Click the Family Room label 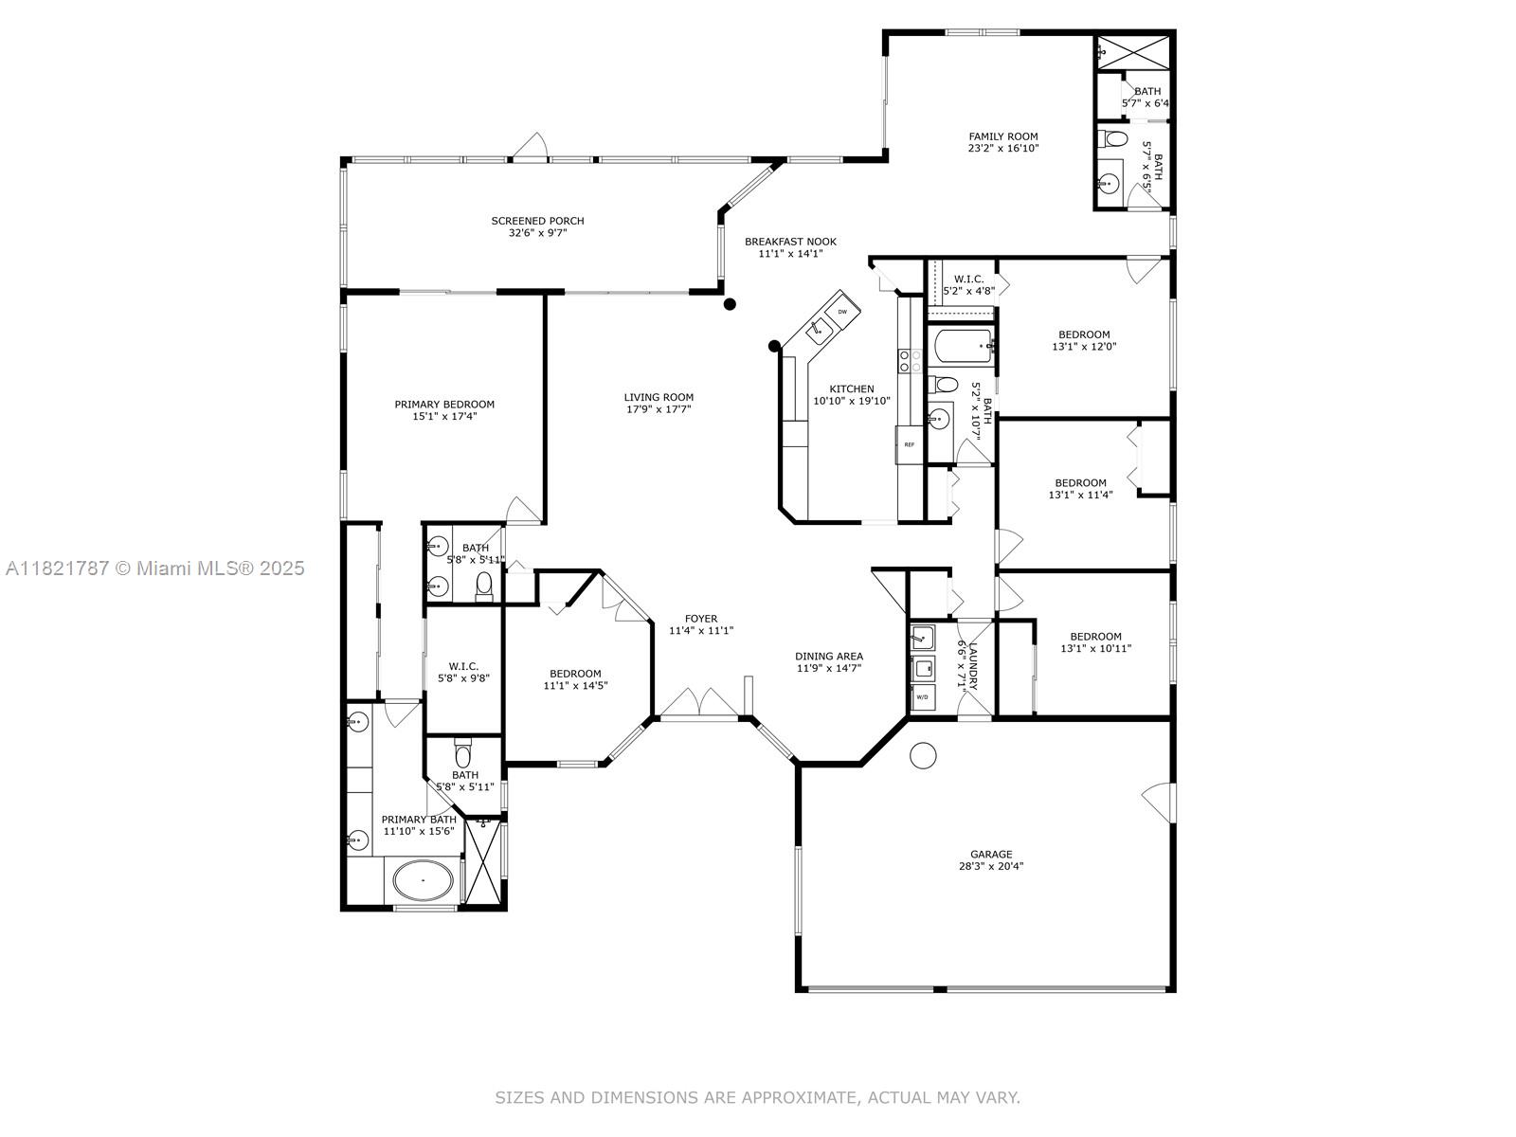pos(1002,136)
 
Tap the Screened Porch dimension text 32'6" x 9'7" pos(537,232)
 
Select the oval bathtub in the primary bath pos(423,880)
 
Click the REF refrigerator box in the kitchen pos(910,444)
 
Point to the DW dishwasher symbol pos(842,310)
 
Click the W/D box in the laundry pos(922,696)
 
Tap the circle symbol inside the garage pos(922,755)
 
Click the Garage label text pos(990,854)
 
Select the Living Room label pos(659,397)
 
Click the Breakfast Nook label pos(790,242)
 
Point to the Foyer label pos(701,619)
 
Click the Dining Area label pos(828,656)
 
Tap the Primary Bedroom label pos(444,405)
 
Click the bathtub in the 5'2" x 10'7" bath pos(961,348)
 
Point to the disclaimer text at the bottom pos(757,1097)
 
